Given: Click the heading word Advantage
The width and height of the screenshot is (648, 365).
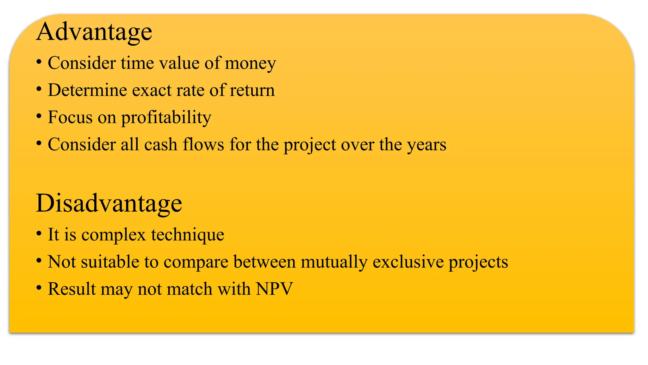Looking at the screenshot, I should (94, 32).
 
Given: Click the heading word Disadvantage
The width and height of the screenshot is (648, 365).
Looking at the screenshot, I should (109, 203).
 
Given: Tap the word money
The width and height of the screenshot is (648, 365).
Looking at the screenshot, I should (250, 63).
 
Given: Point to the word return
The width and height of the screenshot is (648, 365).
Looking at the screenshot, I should (252, 90).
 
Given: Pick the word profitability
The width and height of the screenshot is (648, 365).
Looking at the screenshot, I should (166, 118).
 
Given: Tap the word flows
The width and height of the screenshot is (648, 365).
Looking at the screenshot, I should (203, 144).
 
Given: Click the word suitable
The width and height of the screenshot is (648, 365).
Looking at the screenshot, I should (110, 262).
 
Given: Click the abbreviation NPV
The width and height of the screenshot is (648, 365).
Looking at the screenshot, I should (274, 289).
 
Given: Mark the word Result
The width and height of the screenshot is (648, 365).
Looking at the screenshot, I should (72, 289).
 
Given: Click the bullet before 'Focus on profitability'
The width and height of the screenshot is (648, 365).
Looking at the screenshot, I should (39, 117).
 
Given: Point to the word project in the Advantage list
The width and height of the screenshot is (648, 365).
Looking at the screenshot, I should (310, 145).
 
